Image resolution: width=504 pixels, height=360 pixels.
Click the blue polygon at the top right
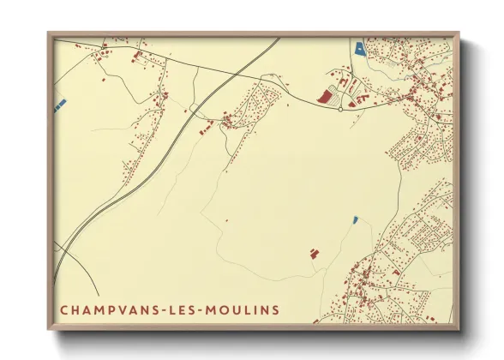point(359,48)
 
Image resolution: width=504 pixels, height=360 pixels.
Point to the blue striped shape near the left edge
point(60,104)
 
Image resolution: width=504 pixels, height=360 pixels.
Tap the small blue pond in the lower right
point(355,220)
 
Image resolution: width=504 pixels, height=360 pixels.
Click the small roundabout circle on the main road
point(340,110)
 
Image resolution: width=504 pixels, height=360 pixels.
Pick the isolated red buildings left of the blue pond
point(313,253)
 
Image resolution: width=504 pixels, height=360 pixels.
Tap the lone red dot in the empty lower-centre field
point(226,221)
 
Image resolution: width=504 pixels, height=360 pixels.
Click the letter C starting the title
point(64,309)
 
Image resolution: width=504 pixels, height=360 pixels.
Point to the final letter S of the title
point(275,309)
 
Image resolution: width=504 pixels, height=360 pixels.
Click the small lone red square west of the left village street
point(105,80)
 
